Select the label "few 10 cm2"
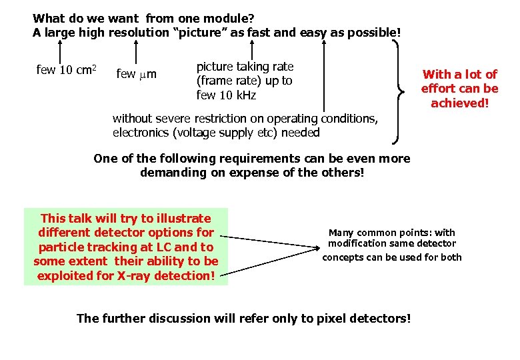click(x=67, y=70)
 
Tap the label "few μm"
click(x=136, y=73)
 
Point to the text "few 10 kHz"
click(x=226, y=95)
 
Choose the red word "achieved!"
click(x=459, y=103)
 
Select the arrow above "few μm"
click(x=136, y=51)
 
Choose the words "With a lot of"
click(x=459, y=74)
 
